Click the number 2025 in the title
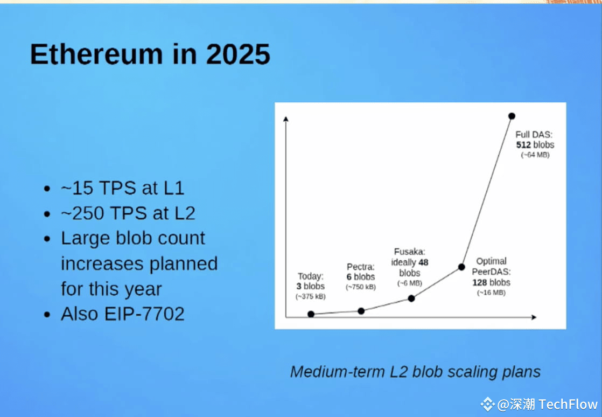239,54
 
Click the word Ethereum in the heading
96,54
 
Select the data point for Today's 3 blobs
311,314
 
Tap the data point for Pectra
361,311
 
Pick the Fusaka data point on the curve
411,298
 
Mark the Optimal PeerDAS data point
461,267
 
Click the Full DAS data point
512,116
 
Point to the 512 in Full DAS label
523,145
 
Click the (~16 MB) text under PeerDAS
491,293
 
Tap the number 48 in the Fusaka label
423,262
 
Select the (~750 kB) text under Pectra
361,287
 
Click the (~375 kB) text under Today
311,296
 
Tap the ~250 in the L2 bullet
82,213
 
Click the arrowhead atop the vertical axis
285,119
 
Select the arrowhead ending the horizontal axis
534,317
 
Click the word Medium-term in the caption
338,372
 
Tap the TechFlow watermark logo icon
488,404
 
